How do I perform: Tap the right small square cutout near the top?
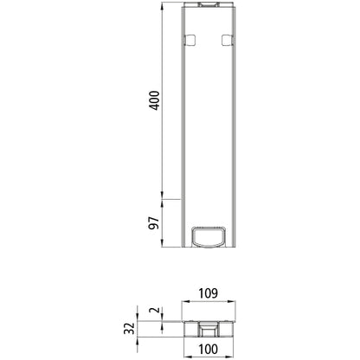tap(227, 40)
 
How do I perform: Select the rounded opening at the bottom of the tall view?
tap(209, 235)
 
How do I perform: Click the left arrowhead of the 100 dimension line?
tap(185, 342)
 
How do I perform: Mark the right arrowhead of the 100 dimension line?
tap(232, 342)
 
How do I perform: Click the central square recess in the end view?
tap(209, 329)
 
